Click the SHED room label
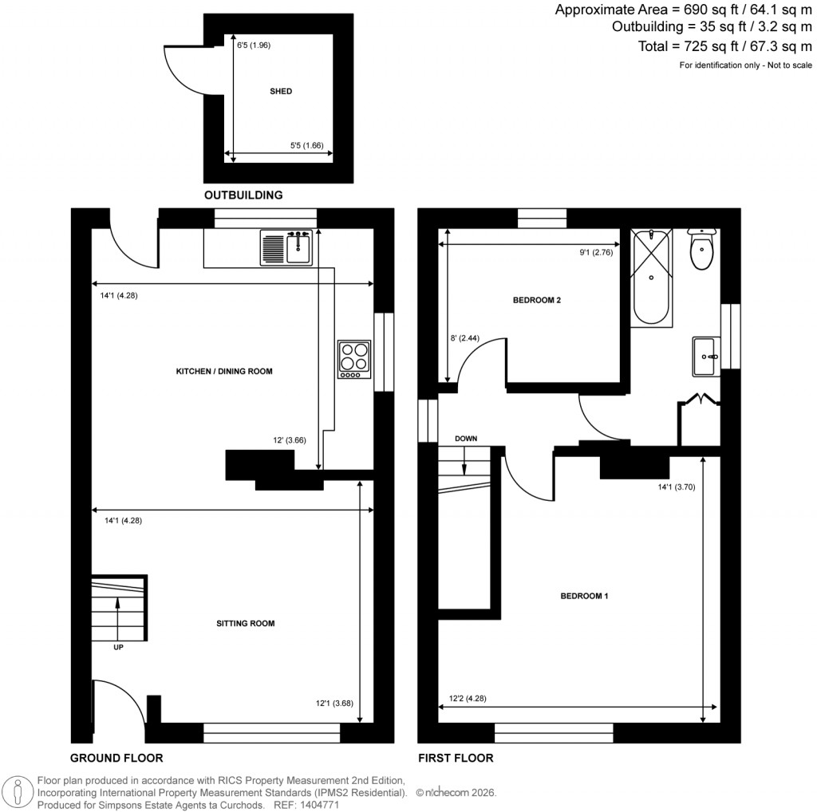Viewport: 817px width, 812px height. (x=281, y=92)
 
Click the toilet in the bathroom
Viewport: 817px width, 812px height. (x=702, y=250)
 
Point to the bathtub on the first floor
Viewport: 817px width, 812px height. (x=652, y=277)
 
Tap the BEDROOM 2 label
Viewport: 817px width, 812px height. (x=537, y=301)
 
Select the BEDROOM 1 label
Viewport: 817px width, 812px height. (x=584, y=596)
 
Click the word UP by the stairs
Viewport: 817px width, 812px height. (x=118, y=647)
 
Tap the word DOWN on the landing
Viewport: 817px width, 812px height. (x=466, y=440)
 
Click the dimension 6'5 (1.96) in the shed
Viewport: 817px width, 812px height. (x=254, y=45)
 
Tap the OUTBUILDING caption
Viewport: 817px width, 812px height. (x=243, y=195)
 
